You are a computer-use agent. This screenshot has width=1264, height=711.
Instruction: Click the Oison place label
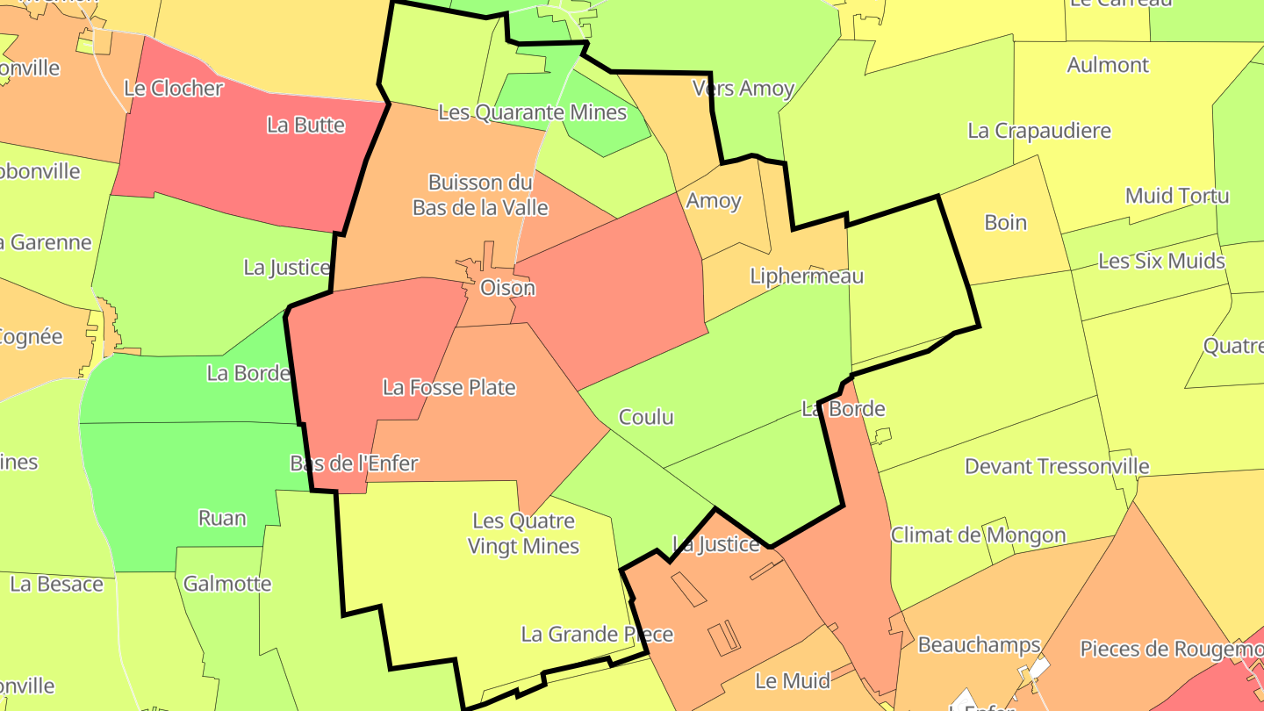coord(507,288)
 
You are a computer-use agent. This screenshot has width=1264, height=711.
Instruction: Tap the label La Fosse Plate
coord(449,387)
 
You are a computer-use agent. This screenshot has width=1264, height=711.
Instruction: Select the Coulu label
coord(646,417)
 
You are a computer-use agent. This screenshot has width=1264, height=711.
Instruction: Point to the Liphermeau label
coord(807,276)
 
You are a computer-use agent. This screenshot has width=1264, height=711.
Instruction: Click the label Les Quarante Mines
coord(532,112)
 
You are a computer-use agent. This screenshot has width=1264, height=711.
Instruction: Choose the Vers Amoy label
coord(743,88)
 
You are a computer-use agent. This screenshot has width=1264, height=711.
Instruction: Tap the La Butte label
coord(305,125)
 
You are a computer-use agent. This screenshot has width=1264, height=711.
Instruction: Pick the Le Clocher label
coord(173,88)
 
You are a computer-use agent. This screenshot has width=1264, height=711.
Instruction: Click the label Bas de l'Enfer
coord(354,463)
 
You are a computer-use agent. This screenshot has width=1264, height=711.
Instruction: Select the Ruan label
coord(222,518)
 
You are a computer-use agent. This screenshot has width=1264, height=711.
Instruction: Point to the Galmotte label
coord(227,584)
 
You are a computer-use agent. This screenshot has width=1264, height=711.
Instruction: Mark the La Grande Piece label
coord(597,634)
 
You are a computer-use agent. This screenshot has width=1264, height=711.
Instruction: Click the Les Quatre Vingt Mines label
coord(523,534)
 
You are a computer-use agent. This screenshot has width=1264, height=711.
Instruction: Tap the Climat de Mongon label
coord(978,535)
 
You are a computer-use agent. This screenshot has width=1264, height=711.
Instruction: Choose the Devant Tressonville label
coord(1057,466)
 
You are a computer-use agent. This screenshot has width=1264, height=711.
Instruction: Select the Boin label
coord(1005,222)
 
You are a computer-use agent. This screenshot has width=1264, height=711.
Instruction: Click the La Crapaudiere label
coord(1038,131)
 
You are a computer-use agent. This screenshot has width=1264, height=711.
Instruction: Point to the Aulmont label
coord(1108,65)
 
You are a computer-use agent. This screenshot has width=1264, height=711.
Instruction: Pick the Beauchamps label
coord(979,645)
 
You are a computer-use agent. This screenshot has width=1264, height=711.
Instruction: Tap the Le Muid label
coord(780,681)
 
